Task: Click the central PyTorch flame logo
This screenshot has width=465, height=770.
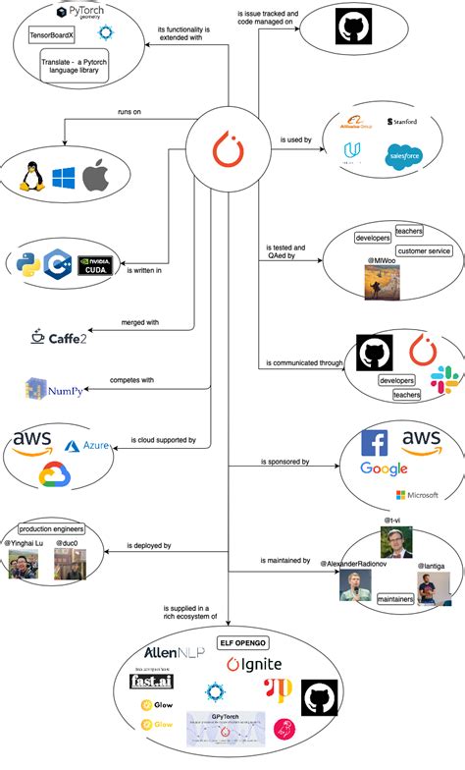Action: pos(230,149)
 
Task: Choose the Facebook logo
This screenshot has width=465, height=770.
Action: pos(375,442)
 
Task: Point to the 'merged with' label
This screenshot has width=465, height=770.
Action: pos(140,321)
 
